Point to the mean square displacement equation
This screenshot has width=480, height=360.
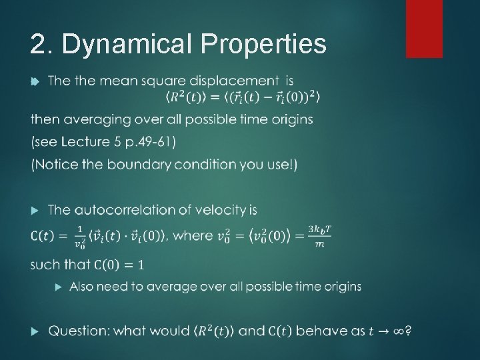point(243,99)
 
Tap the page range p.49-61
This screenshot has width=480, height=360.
point(152,142)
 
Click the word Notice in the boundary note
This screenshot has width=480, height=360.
point(59,165)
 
